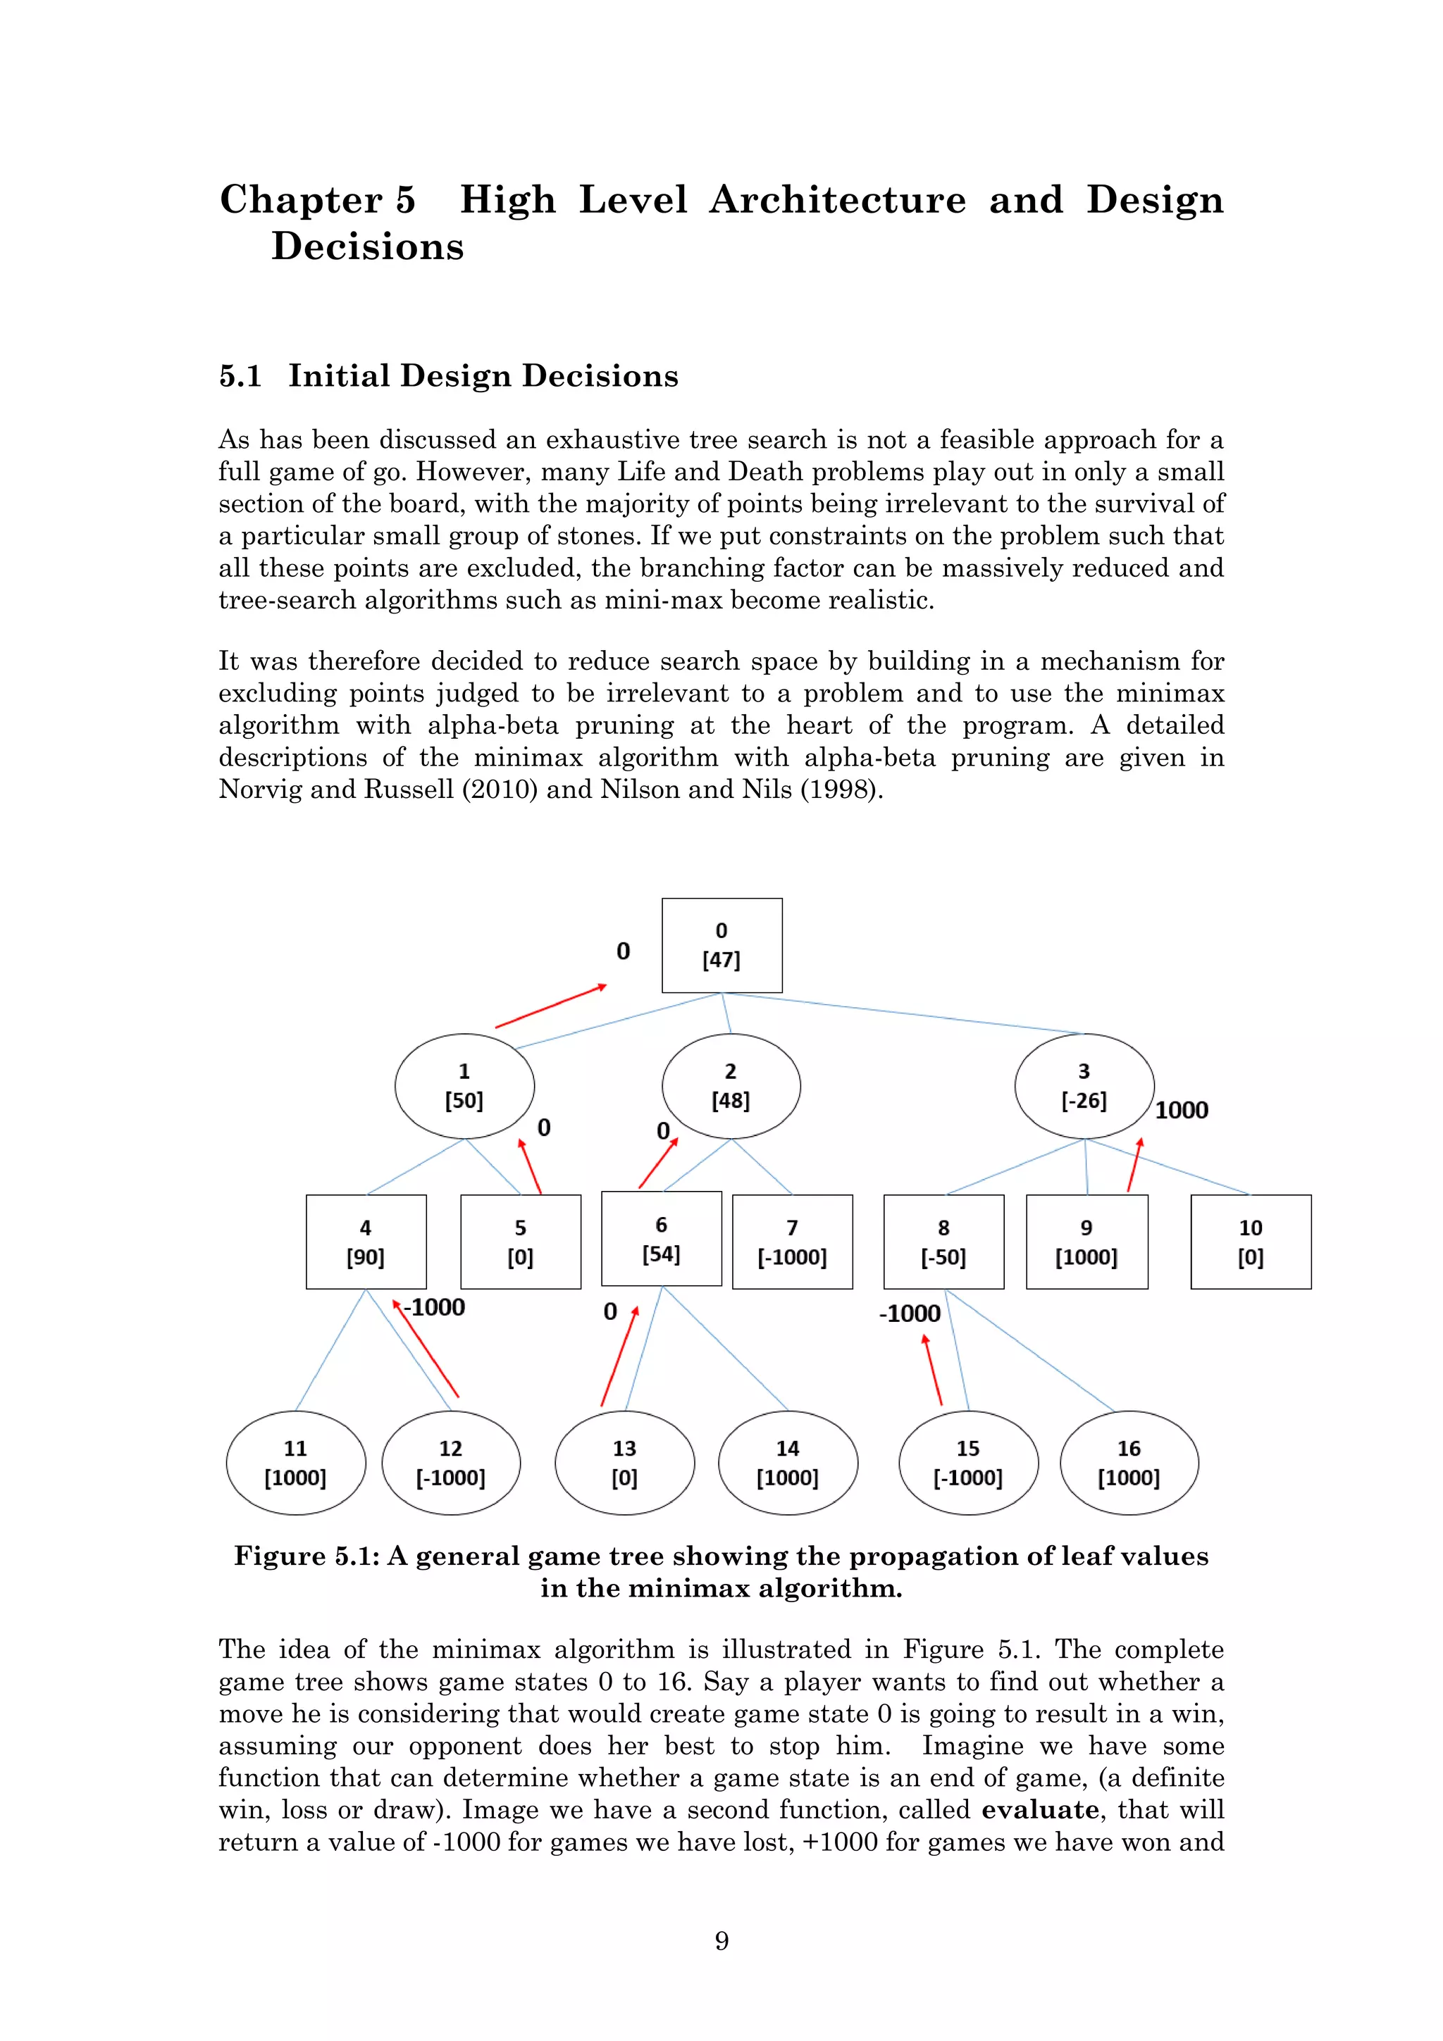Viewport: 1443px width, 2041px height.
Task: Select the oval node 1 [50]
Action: [x=464, y=1085]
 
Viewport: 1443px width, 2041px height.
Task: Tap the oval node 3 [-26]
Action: [x=1084, y=1085]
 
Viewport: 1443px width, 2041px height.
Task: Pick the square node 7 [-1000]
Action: [x=792, y=1242]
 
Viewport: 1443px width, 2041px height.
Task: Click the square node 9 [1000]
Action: [x=1086, y=1242]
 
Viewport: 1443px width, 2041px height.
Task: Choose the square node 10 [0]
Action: [x=1250, y=1242]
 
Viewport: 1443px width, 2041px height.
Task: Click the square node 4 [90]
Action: [x=366, y=1242]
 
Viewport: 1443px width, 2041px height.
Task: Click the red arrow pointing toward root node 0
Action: [x=551, y=1006]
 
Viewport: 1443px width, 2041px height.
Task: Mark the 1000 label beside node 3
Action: [x=1182, y=1110]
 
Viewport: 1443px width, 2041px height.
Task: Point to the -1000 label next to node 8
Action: [x=910, y=1314]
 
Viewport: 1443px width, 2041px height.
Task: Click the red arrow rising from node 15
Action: [x=933, y=1370]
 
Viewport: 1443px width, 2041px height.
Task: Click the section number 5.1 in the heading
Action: [x=240, y=376]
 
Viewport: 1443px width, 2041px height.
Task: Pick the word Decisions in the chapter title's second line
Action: [x=367, y=246]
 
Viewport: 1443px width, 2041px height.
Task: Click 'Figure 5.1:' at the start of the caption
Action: [x=306, y=1556]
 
